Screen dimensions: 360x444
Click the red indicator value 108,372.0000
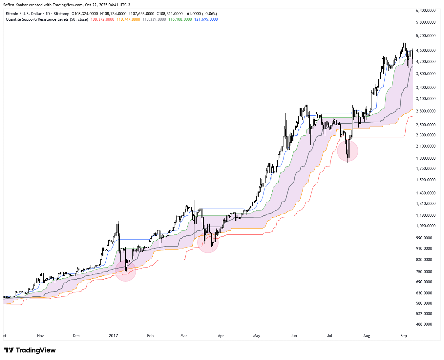click(102, 19)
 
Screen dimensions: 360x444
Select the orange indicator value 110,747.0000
click(128, 19)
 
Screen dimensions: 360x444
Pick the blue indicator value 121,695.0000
click(206, 19)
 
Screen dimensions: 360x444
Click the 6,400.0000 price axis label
click(426, 10)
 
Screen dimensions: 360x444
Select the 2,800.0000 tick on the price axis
click(426, 111)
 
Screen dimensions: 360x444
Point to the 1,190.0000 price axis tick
click(426, 215)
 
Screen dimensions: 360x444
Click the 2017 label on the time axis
click(113, 336)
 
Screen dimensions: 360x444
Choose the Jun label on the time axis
click(294, 336)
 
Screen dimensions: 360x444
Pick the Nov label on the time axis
click(40, 336)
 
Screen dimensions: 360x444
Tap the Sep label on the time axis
click(404, 336)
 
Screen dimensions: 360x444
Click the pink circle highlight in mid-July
click(348, 151)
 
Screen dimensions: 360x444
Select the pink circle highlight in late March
click(208, 242)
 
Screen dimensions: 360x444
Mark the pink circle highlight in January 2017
click(125, 271)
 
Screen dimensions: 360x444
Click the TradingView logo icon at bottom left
click(9, 350)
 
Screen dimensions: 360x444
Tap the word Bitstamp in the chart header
click(61, 14)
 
